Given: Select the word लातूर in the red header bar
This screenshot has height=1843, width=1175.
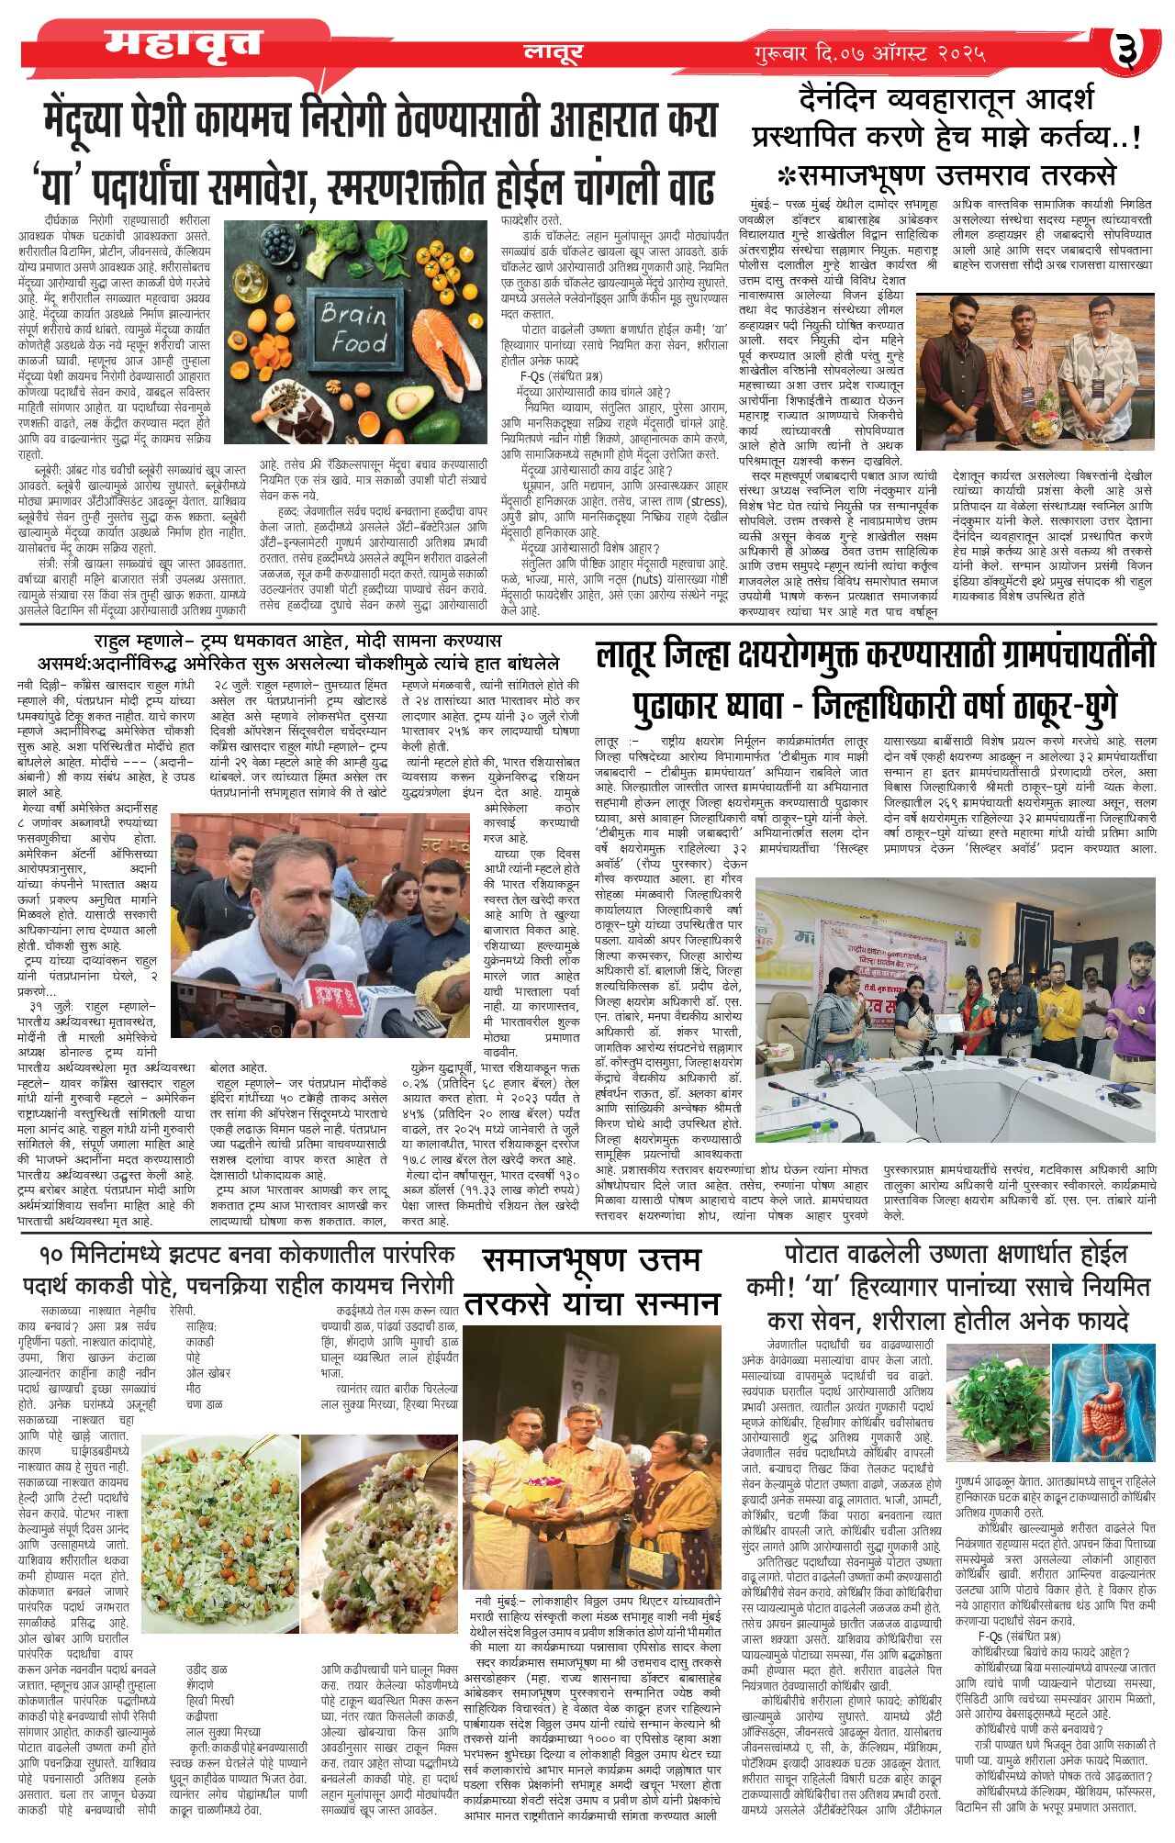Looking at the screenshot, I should point(554,52).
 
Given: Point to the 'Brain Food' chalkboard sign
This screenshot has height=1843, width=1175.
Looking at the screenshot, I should point(353,328).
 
